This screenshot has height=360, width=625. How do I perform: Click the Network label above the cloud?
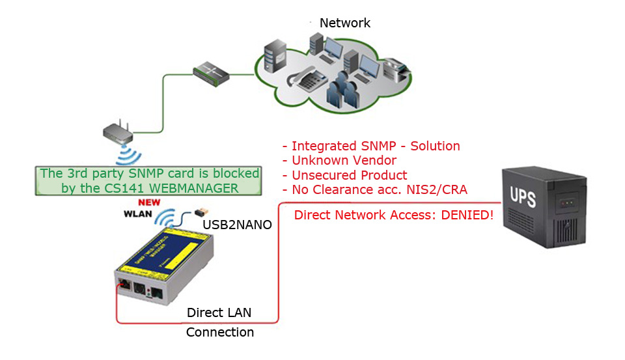click(344, 23)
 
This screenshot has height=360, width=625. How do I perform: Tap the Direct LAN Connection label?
click(219, 322)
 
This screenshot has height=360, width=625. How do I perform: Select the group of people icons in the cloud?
click(342, 90)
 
